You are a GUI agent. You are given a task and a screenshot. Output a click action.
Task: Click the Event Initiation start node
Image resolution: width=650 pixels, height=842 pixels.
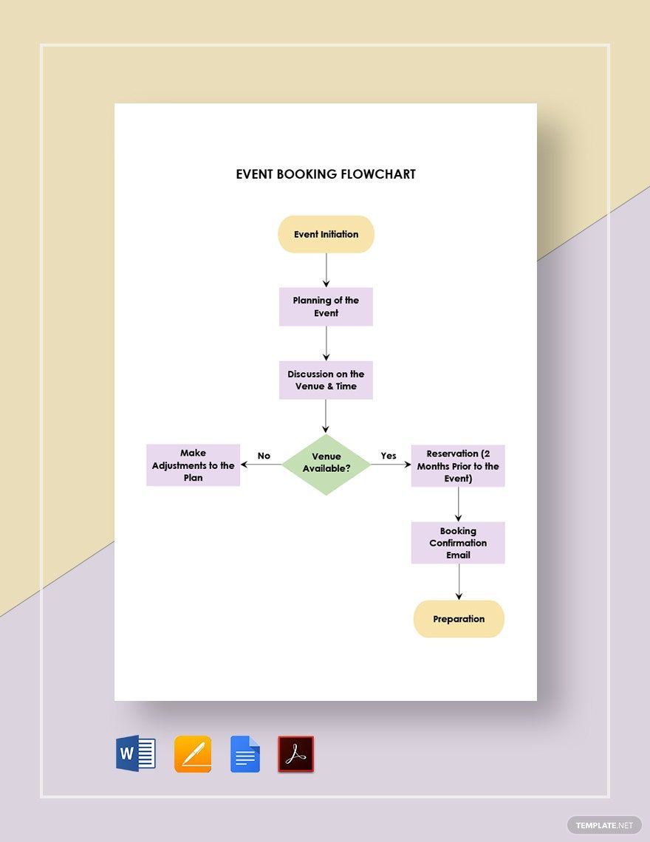(x=326, y=234)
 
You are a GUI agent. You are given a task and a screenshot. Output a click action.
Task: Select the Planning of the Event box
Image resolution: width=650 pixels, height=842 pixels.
(x=326, y=307)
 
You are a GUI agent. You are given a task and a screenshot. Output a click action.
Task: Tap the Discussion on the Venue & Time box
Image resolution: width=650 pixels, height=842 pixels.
(x=326, y=380)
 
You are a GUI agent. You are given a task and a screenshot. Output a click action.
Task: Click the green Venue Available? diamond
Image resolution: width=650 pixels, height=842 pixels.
(x=326, y=464)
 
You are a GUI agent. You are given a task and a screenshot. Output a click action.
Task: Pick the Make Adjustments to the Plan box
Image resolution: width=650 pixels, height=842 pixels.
(x=193, y=465)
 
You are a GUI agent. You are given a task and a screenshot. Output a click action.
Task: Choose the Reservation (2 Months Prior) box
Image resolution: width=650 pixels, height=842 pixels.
(x=458, y=466)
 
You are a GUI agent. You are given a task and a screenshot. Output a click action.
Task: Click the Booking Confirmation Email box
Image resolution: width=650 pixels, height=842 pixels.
(x=458, y=543)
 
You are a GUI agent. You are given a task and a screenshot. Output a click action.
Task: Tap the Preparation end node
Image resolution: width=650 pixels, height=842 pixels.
(x=459, y=619)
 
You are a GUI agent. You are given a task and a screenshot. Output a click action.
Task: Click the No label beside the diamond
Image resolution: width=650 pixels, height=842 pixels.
(x=264, y=456)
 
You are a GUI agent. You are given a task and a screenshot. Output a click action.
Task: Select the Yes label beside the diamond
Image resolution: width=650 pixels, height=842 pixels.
(x=389, y=456)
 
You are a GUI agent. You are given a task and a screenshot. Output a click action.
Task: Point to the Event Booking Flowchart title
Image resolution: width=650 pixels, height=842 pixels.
(x=326, y=174)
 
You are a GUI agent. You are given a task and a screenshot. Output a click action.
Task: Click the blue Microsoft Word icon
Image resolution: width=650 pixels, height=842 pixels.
(x=136, y=754)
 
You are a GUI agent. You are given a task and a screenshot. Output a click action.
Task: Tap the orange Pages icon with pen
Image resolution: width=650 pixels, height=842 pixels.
(x=193, y=754)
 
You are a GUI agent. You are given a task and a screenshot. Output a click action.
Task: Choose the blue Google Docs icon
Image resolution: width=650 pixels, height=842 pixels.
(x=245, y=754)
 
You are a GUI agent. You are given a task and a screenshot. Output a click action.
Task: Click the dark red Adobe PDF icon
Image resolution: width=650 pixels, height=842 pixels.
(x=296, y=754)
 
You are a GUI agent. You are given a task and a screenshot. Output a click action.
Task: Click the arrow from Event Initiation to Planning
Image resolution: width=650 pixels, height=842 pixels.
(x=326, y=270)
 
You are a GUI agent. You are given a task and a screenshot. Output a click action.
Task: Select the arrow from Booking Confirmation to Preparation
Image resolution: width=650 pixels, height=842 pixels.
(x=459, y=581)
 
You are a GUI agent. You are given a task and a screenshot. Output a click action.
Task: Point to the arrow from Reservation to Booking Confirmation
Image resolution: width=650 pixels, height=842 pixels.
(x=459, y=504)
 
